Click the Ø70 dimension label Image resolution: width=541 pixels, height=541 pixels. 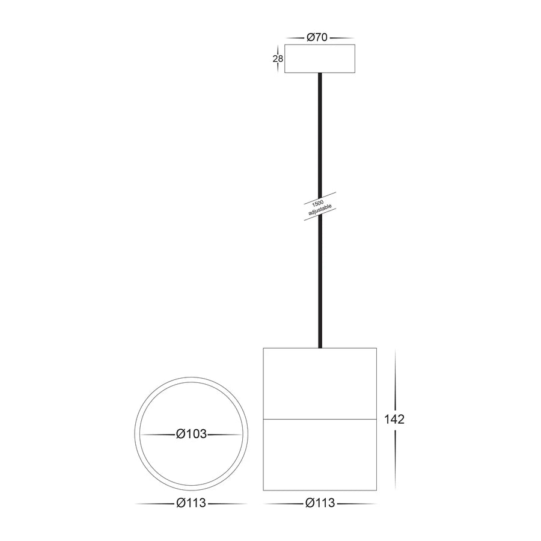tap(316, 37)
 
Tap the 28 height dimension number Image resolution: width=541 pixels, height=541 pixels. tap(278, 59)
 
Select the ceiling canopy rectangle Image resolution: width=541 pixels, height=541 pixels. tap(320, 59)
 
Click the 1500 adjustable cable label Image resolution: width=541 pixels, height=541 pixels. tap(319, 206)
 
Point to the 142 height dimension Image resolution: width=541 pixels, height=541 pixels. tap(394, 419)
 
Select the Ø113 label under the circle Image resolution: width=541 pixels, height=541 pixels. tap(191, 504)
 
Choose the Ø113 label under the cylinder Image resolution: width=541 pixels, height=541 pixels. tap(320, 504)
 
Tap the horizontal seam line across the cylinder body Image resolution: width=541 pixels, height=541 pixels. tap(320, 418)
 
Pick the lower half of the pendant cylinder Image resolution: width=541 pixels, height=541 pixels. tap(320, 454)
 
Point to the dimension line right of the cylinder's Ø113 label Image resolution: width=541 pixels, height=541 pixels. tap(357, 504)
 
